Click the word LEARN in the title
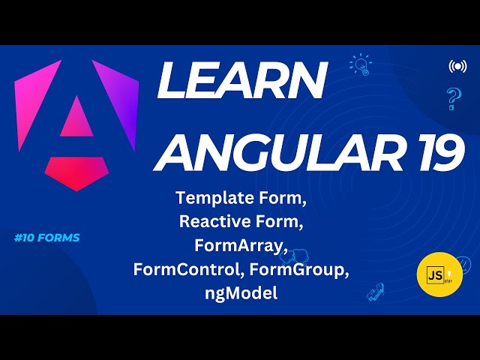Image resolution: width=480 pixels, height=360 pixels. pos(241,82)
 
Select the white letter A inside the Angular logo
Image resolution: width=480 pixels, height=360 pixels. pos(75,120)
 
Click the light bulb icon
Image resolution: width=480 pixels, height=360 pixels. pos(361,64)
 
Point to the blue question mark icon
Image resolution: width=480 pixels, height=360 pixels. pos(453,98)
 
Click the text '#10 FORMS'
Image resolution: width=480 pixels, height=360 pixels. pos(46,238)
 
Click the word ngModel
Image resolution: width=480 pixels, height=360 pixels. pos(241,292)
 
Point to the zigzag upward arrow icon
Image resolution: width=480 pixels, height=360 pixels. pos(376,292)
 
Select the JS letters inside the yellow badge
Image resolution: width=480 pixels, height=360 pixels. pos(434,275)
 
